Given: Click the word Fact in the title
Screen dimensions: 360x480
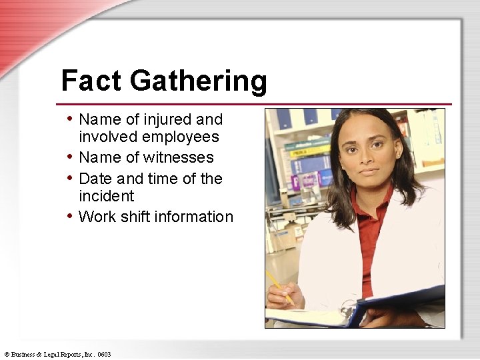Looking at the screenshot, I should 91,81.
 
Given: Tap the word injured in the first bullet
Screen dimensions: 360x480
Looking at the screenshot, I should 167,120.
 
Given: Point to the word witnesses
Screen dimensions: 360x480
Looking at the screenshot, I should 179,158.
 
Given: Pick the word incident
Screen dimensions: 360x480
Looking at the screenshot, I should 106,196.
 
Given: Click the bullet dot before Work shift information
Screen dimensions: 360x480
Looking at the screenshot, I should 70,215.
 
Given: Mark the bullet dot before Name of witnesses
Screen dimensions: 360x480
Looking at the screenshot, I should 70,157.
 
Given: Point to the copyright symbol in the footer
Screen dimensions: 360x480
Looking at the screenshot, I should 7,355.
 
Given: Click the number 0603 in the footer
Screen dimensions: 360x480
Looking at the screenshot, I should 103,355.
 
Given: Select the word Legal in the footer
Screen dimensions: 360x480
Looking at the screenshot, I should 52,355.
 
